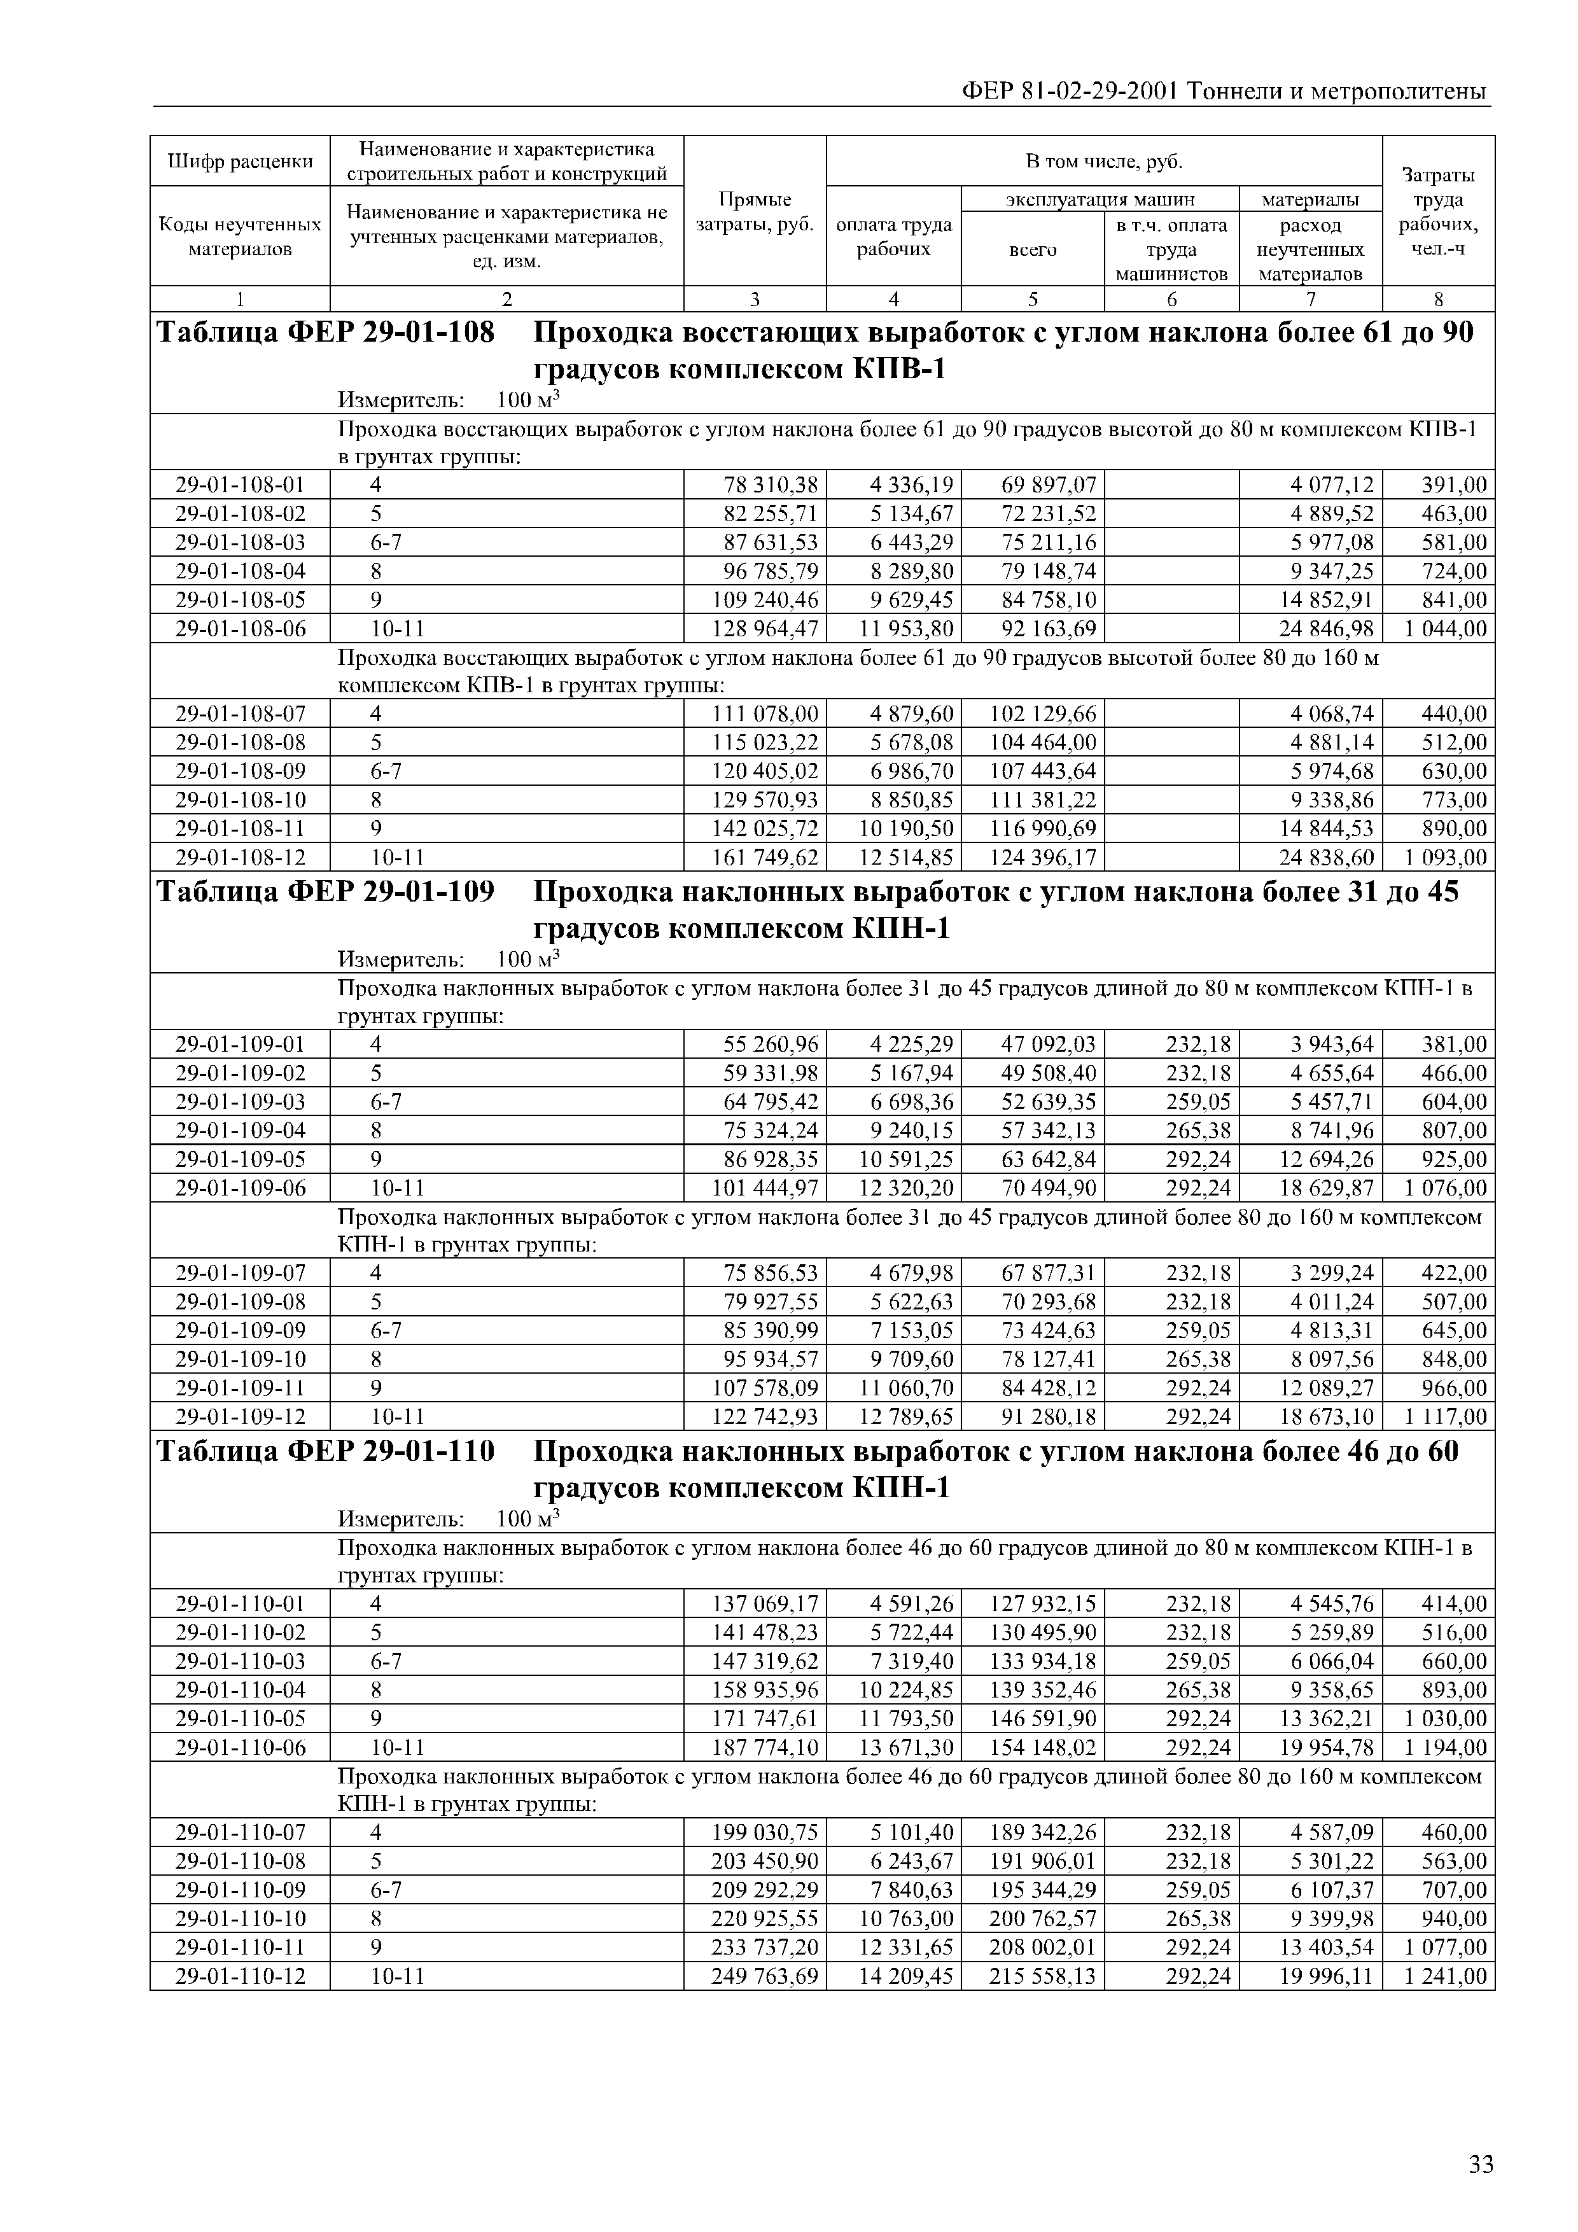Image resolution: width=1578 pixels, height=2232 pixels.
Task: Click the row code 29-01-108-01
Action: (239, 484)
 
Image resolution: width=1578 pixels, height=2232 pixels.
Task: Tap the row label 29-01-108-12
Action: (239, 858)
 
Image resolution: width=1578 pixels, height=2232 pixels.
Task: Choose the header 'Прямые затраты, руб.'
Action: (755, 211)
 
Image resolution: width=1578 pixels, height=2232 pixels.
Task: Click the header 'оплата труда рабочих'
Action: (893, 236)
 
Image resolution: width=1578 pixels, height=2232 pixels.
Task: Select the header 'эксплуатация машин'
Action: (1100, 199)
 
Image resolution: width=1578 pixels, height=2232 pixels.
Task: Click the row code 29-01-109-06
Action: (239, 1188)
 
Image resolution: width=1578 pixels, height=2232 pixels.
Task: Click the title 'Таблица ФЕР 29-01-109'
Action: (325, 891)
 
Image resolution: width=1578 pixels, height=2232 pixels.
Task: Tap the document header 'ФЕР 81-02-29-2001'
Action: (1068, 92)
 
